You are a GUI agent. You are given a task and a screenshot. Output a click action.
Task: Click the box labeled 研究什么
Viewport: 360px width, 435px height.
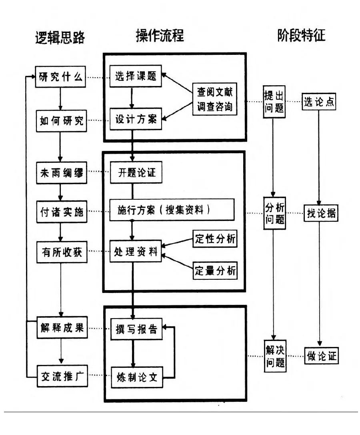tap(61, 77)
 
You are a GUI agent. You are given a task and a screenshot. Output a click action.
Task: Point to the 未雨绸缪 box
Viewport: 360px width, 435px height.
tap(61, 173)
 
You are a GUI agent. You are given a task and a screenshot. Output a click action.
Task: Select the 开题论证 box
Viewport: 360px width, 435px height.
tap(136, 173)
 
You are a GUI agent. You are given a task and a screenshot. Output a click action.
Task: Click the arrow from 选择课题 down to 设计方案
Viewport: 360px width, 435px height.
tap(132, 97)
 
